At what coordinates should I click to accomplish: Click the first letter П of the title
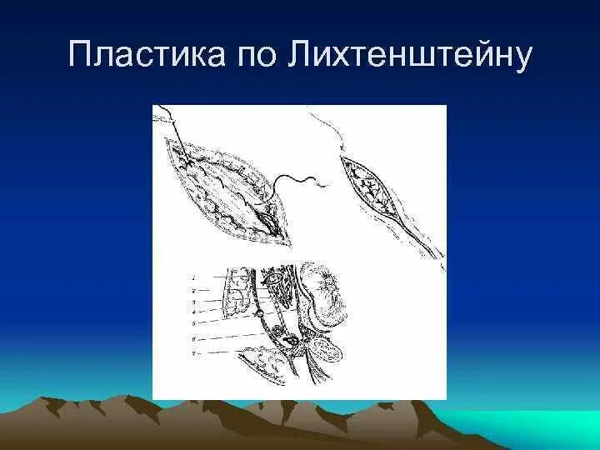81,57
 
